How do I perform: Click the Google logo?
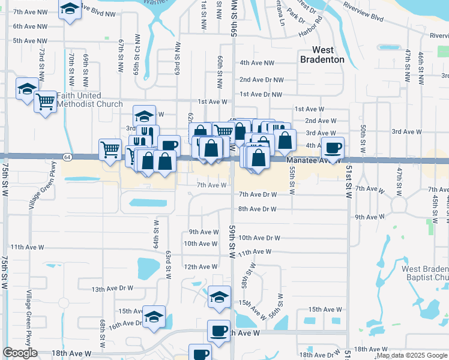click(20, 353)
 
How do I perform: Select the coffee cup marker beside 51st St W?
click(333, 147)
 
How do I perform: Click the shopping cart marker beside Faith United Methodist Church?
click(46, 101)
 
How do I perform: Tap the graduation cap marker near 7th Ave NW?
click(70, 9)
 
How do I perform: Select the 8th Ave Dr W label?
click(257, 209)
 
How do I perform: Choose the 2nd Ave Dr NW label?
click(261, 80)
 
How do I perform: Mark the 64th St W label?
click(155, 234)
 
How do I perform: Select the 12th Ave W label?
click(200, 266)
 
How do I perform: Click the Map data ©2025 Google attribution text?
click(411, 355)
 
